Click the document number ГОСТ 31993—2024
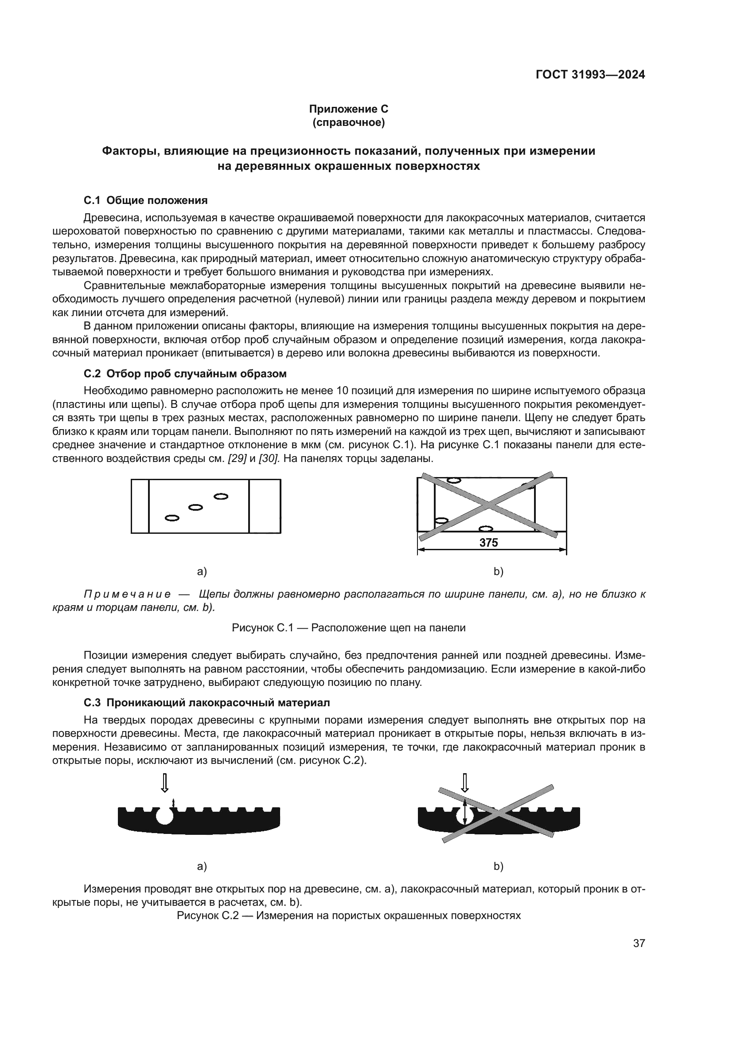tap(590, 75)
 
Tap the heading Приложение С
tap(348, 109)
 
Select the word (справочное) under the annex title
tap(348, 122)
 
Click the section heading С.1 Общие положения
tap(145, 200)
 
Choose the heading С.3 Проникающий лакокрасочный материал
tap(207, 703)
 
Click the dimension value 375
tap(488, 543)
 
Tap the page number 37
tap(639, 943)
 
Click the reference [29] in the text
tap(237, 458)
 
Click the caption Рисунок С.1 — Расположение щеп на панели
tap(348, 628)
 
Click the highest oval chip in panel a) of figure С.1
tap(221, 497)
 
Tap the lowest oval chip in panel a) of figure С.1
tap(172, 518)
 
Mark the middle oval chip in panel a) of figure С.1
tap(195, 507)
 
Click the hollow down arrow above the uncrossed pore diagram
tap(165, 783)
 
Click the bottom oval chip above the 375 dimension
tap(485, 529)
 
